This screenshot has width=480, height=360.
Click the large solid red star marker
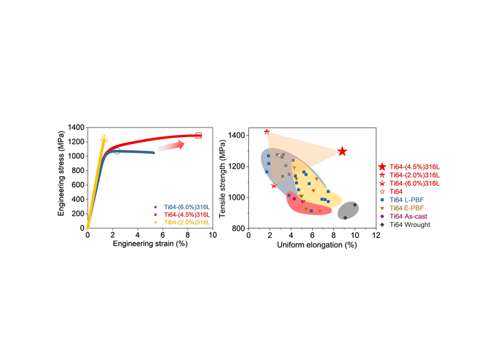342,152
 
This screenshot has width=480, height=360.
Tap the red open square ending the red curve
199,135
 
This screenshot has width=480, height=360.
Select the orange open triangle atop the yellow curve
104,139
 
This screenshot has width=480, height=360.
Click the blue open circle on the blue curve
117,151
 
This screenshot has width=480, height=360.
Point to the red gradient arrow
171,145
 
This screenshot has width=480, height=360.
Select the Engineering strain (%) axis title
149,244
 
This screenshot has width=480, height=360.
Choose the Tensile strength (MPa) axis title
224,180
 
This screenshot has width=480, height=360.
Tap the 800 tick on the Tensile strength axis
240,228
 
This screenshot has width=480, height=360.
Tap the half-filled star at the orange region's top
267,132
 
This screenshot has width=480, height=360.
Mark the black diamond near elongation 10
355,204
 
